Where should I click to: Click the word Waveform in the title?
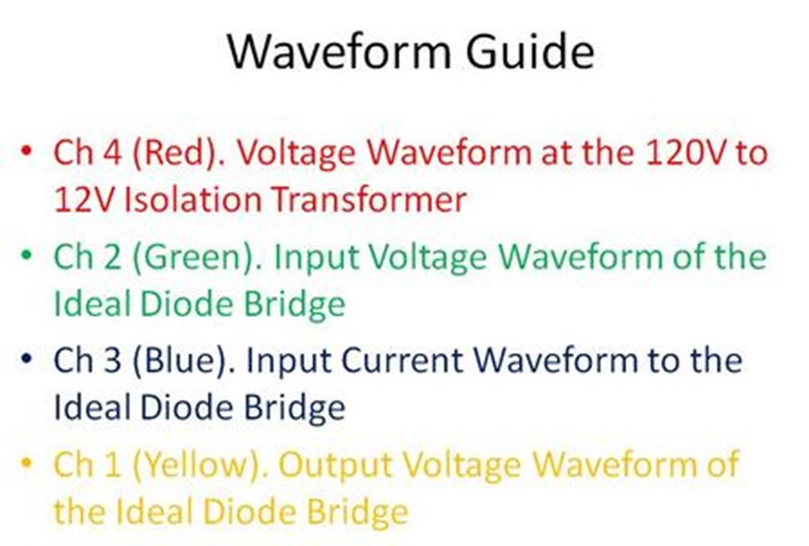pyautogui.click(x=339, y=51)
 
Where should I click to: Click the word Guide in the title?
pyautogui.click(x=530, y=50)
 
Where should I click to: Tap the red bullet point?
pyautogui.click(x=25, y=151)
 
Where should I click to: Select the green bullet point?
pyautogui.click(x=26, y=255)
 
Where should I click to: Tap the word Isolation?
pyautogui.click(x=193, y=199)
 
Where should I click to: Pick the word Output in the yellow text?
pyautogui.click(x=335, y=464)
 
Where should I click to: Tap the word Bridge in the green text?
pyautogui.click(x=294, y=304)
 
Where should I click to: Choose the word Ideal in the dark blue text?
pyautogui.click(x=92, y=407)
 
